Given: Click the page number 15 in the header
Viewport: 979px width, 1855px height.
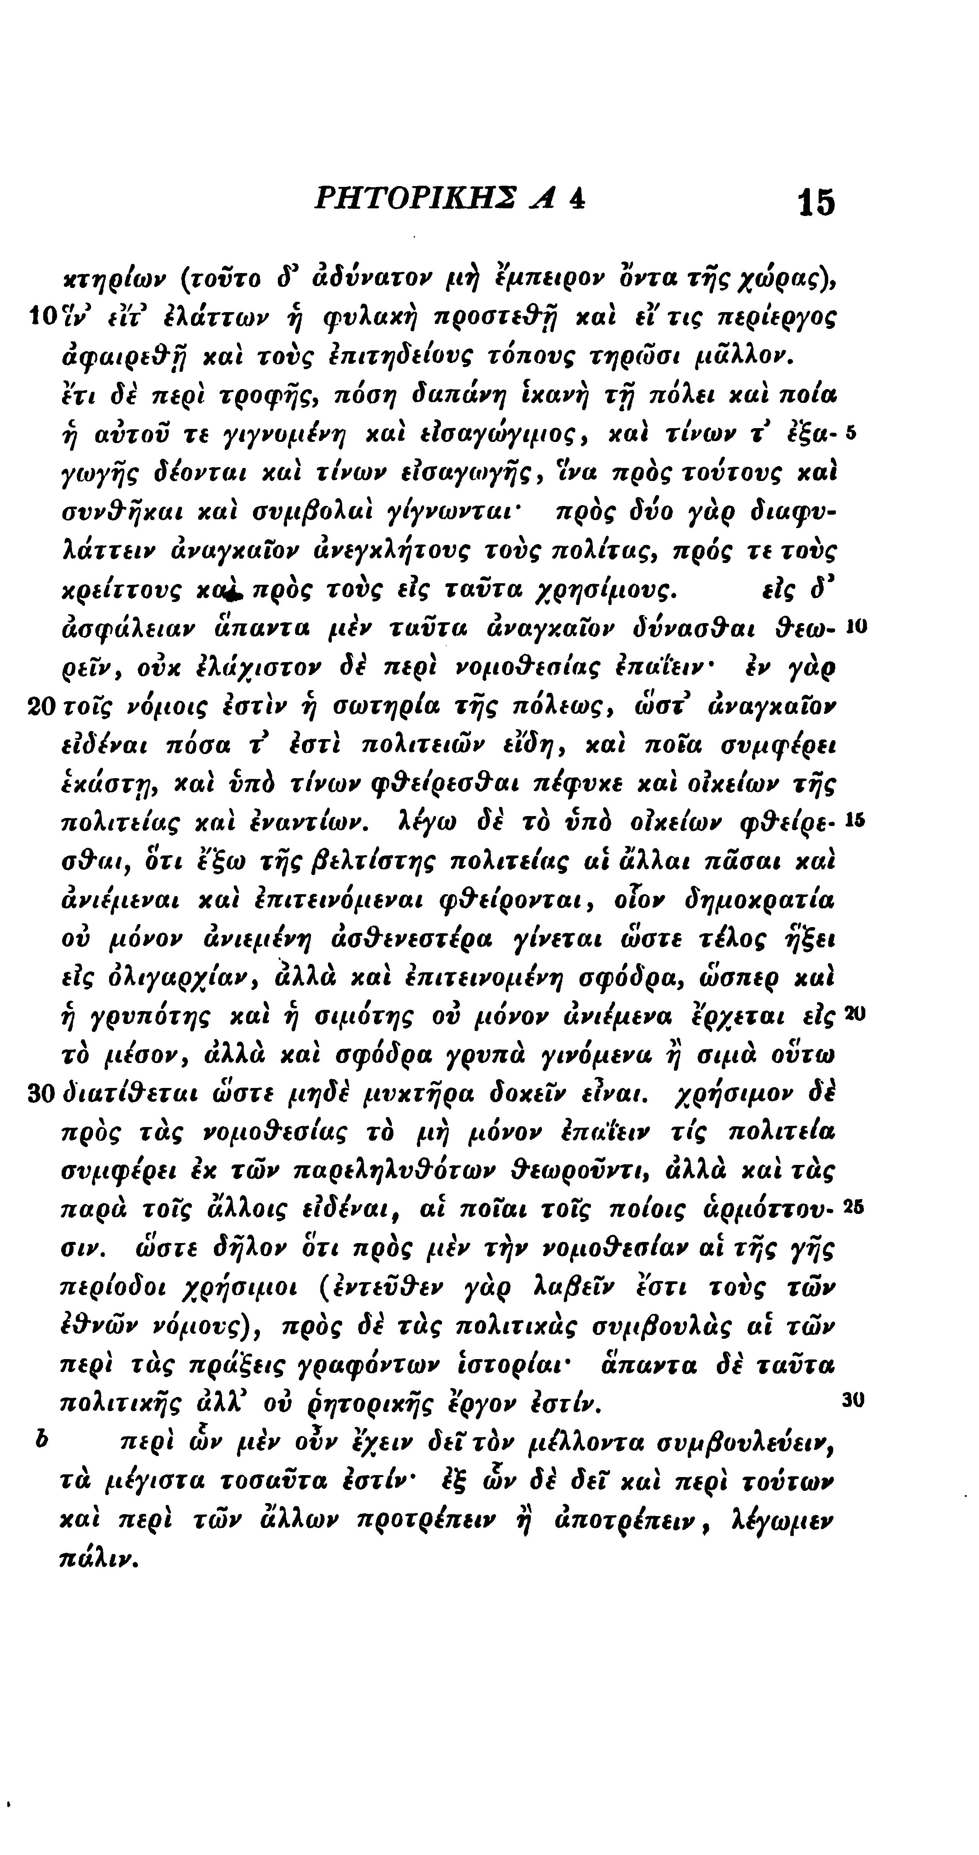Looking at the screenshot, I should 816,202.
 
